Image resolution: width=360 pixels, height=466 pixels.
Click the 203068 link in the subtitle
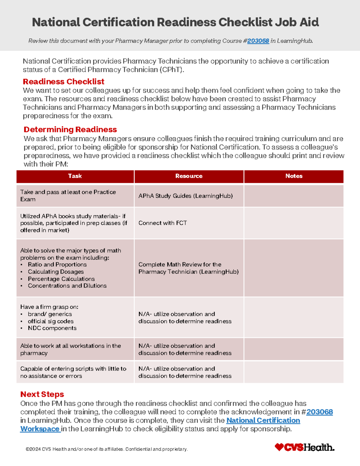point(258,41)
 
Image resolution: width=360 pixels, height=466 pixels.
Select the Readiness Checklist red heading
point(63,82)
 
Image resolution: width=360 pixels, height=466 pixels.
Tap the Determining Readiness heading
point(70,129)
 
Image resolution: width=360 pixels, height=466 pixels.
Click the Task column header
point(75,176)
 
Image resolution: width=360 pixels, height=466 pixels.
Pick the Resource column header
point(189,176)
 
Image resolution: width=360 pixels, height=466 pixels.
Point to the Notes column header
point(294,176)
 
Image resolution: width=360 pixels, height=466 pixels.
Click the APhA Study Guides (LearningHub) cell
point(185,196)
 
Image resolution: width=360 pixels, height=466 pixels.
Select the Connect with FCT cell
point(163,223)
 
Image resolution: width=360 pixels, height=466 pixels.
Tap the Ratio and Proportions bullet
point(57,265)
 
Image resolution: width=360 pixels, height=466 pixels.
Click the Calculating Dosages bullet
point(56,272)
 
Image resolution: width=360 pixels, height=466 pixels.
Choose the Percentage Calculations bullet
point(61,279)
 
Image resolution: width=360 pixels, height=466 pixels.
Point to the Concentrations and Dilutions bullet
point(67,286)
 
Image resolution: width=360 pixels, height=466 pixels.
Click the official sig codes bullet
point(51,321)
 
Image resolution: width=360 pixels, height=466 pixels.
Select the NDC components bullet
point(52,328)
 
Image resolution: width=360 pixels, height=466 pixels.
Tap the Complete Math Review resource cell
point(188,268)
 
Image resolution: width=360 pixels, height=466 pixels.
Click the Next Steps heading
point(42,394)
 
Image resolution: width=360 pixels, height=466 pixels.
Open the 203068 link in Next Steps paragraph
point(319,412)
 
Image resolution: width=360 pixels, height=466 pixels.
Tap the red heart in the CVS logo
point(279,447)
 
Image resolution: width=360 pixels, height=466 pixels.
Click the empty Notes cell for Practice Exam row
point(294,196)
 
